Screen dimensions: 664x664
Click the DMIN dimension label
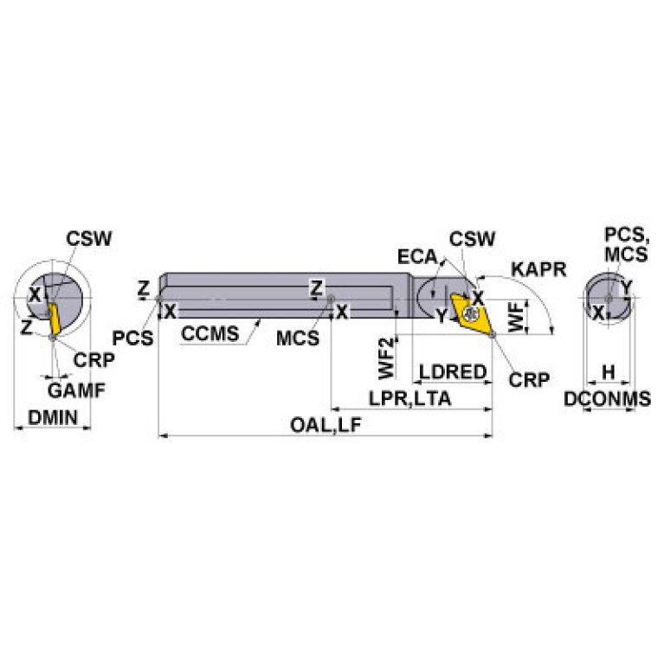tap(53, 418)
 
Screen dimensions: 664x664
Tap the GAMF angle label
tap(76, 390)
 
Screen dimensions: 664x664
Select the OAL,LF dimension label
tap(326, 425)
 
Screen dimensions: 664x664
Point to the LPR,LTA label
tap(409, 398)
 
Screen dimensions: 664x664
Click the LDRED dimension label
tap(453, 372)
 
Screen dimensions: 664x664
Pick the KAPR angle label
tap(538, 269)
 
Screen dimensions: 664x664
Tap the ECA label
tap(417, 256)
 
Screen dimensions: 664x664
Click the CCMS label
tap(210, 333)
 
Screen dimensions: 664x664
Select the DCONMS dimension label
tap(607, 399)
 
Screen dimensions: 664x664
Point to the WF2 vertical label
tap(386, 358)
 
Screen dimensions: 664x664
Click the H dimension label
tap(608, 372)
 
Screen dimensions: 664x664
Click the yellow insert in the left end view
tap(54, 319)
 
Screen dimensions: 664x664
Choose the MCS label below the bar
tap(298, 338)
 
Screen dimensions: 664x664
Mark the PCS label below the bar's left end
tap(132, 338)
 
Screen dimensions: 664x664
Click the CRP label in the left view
tap(94, 360)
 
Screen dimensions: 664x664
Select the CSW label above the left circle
tap(89, 239)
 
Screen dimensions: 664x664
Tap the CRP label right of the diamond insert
tap(529, 379)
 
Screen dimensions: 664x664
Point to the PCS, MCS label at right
tap(626, 245)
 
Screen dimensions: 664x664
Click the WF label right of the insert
tap(515, 317)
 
